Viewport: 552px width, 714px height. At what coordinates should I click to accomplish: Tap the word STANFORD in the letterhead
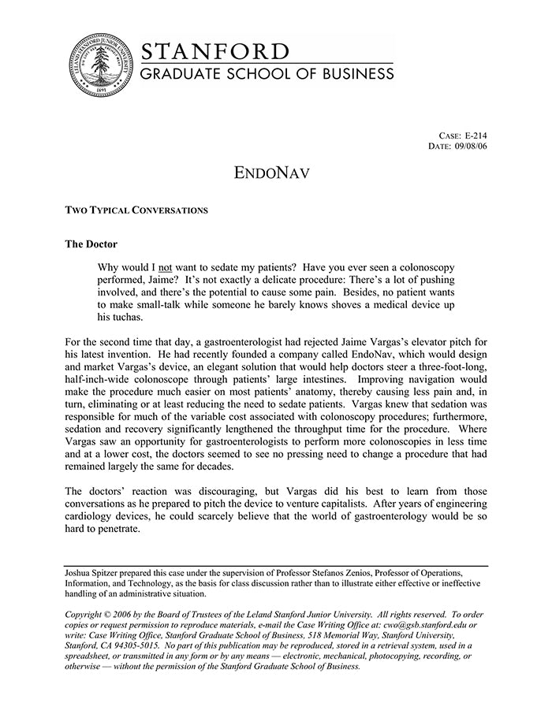tap(214, 52)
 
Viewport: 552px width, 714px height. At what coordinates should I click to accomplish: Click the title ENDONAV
tap(272, 171)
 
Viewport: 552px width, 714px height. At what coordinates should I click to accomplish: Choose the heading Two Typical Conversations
tap(136, 210)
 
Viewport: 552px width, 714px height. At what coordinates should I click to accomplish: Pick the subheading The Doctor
tap(91, 244)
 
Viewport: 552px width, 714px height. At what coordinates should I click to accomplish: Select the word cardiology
tap(91, 517)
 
